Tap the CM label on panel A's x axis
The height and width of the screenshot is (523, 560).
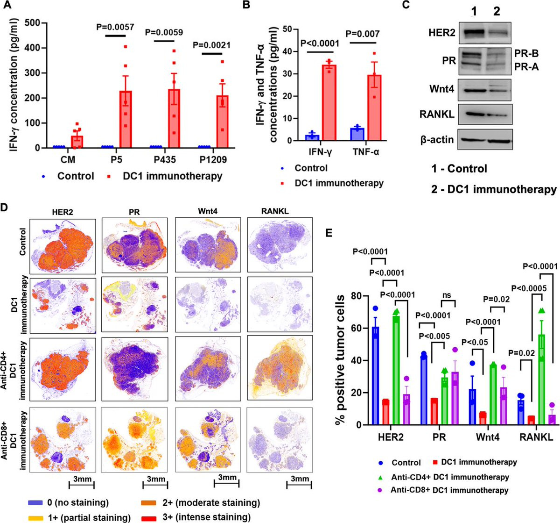pos(66,160)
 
